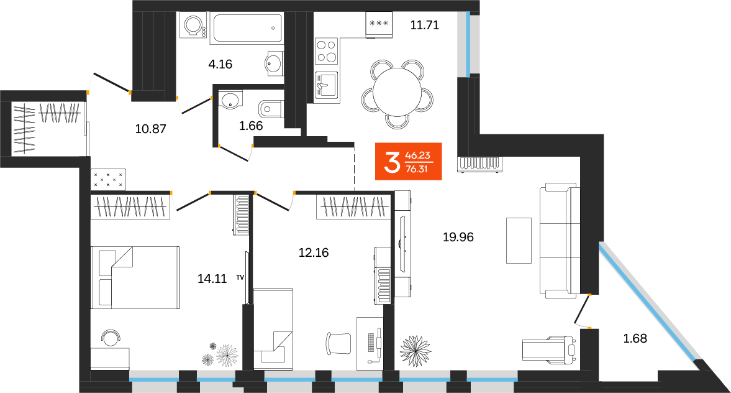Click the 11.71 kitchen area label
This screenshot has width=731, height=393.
click(x=425, y=26)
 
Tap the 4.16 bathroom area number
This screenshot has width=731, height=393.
click(x=220, y=63)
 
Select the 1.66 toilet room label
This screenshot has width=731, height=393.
click(x=251, y=126)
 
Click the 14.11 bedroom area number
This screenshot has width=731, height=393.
click(x=212, y=279)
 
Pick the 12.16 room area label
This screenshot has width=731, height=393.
click(x=313, y=252)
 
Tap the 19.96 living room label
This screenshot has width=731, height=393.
click(x=458, y=237)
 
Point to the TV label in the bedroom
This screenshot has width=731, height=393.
click(x=240, y=278)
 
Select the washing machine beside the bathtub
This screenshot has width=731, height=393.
click(x=193, y=27)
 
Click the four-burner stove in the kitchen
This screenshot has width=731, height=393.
click(x=327, y=50)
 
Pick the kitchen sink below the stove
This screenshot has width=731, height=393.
click(x=326, y=85)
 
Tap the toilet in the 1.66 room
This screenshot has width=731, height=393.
click(x=272, y=109)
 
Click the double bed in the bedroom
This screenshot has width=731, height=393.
click(x=135, y=277)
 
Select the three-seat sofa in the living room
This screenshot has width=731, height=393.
click(x=558, y=239)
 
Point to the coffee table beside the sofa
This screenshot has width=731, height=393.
click(x=519, y=240)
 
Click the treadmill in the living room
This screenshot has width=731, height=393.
click(x=550, y=349)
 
